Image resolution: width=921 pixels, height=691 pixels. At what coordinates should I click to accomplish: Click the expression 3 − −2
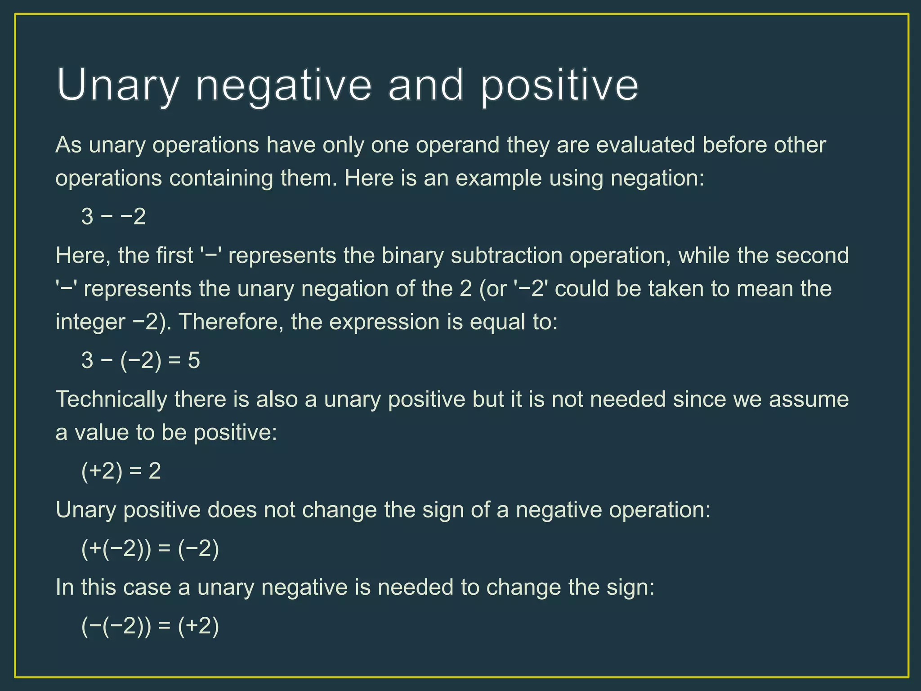click(x=113, y=217)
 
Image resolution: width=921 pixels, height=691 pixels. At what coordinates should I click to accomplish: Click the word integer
click(x=90, y=322)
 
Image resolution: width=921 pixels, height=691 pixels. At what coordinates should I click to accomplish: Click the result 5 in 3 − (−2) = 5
click(x=194, y=361)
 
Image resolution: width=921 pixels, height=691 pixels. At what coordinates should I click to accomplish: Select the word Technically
click(x=111, y=399)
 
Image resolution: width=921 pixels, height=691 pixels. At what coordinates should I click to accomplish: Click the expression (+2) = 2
click(x=121, y=471)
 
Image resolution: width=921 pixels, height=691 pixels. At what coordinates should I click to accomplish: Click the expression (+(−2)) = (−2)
click(x=150, y=549)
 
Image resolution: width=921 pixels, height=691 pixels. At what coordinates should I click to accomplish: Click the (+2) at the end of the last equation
click(x=198, y=626)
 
